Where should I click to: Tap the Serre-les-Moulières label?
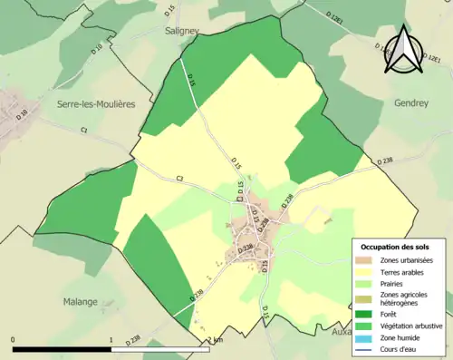96,104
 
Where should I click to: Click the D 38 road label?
23,113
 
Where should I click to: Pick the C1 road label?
83,131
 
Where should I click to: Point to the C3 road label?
179,178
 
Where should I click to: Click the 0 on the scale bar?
14,340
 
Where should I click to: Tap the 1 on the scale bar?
111,340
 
